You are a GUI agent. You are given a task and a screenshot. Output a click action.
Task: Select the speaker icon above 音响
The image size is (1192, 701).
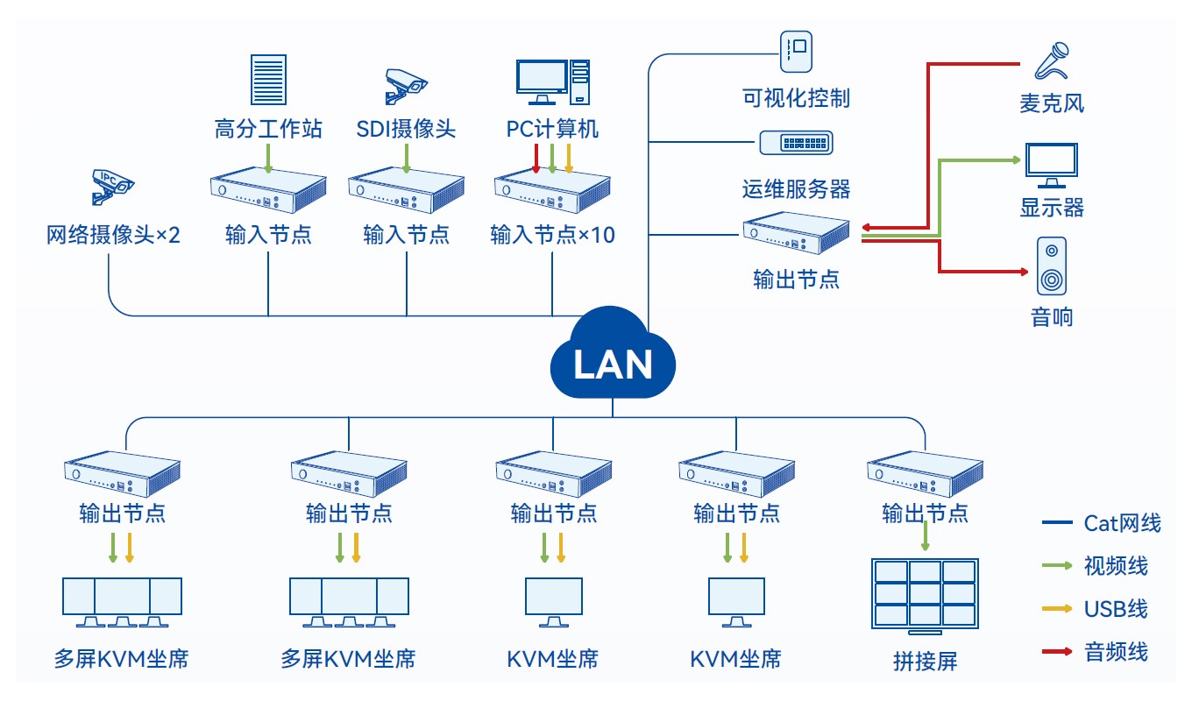point(1052,266)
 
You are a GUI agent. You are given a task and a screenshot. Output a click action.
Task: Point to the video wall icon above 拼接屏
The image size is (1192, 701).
point(925,595)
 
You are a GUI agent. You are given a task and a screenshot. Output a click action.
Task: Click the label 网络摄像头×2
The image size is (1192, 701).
point(113,235)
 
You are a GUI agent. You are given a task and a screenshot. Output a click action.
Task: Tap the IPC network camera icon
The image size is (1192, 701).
point(112,184)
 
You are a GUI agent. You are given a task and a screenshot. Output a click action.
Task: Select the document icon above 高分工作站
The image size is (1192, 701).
point(268,79)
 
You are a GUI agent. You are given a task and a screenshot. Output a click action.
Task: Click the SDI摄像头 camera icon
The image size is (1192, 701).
point(406,84)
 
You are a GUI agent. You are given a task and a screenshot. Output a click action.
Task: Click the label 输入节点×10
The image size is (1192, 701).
point(552,235)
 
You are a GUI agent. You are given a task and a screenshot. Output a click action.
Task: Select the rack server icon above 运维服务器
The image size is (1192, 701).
point(796,143)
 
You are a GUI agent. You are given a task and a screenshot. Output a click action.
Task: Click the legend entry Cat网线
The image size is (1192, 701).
point(1103,523)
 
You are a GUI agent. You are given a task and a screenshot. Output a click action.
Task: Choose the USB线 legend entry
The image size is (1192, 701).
point(1103,609)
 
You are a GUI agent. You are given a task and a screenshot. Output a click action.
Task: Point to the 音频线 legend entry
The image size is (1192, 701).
point(1103,651)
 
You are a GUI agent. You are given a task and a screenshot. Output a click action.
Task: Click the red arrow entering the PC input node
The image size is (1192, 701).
point(536,159)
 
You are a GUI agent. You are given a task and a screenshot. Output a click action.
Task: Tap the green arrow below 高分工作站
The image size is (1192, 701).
point(268,158)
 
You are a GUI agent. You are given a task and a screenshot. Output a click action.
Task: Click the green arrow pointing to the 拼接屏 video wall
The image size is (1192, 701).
point(925,535)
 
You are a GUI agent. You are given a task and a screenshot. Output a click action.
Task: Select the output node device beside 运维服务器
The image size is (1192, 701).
point(796,232)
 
